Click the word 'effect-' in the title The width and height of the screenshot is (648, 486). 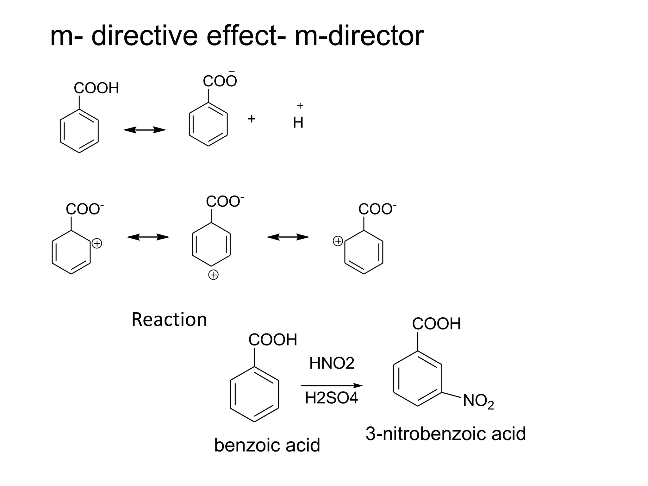click(x=246, y=36)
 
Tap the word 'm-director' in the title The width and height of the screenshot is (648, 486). click(x=359, y=36)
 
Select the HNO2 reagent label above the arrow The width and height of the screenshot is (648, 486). click(x=332, y=363)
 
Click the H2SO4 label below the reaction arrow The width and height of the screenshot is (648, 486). click(x=331, y=398)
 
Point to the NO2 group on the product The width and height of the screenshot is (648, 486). click(x=478, y=402)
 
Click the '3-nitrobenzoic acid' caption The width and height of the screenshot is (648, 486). click(x=445, y=433)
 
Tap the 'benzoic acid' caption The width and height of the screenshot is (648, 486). click(x=267, y=445)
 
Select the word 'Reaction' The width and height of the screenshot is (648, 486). click(x=169, y=320)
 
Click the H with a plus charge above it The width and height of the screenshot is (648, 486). click(x=298, y=122)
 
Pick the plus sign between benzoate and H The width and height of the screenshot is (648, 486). click(x=252, y=119)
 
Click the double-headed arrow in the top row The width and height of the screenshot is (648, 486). click(x=145, y=130)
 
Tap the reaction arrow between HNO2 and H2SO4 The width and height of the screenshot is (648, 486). click(x=331, y=385)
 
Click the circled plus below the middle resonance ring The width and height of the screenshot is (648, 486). click(x=214, y=275)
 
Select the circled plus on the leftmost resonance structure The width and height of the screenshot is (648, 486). click(x=97, y=244)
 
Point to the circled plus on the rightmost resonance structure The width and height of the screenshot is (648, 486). click(x=338, y=241)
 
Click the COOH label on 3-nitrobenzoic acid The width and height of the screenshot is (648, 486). click(x=436, y=324)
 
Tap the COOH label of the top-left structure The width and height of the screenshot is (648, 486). click(x=96, y=88)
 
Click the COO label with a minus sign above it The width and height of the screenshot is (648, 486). click(x=220, y=81)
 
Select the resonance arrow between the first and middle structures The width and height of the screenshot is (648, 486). click(x=148, y=237)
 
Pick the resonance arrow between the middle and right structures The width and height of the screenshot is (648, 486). click(x=288, y=237)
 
